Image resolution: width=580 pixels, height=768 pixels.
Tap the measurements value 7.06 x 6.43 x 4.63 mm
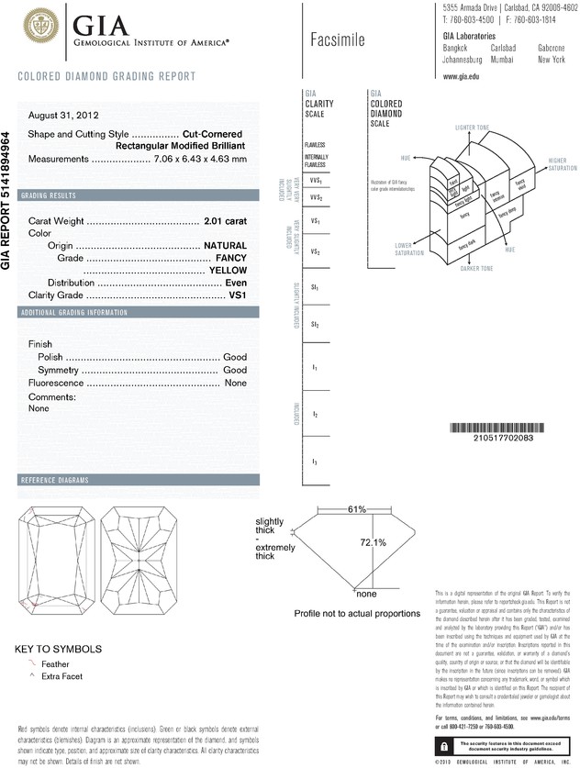click(200, 159)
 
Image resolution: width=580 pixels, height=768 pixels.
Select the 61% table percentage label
click(357, 509)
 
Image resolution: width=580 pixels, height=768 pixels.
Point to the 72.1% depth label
click(371, 543)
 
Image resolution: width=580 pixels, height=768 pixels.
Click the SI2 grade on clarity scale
click(314, 325)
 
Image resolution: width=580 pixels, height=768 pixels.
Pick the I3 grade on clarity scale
click(314, 461)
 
